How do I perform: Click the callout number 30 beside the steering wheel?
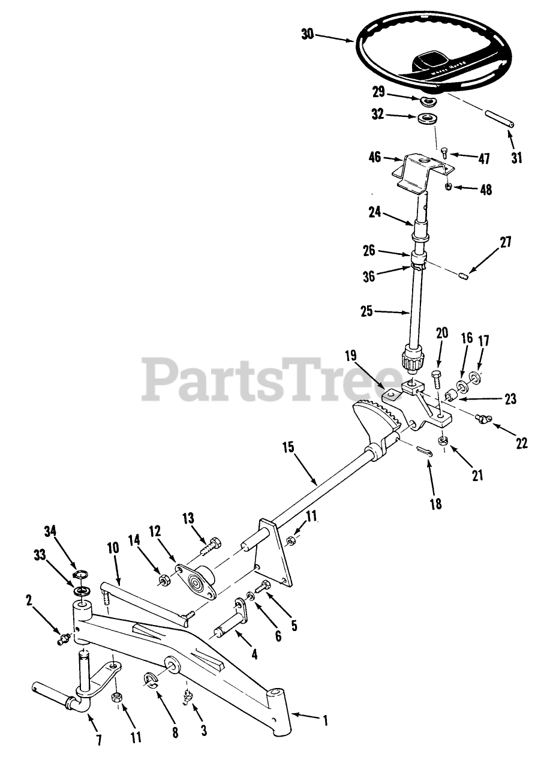point(307,34)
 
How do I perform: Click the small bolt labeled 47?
point(445,152)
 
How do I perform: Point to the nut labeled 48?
point(449,187)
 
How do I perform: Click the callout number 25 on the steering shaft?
point(366,311)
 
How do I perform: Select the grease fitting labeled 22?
point(481,419)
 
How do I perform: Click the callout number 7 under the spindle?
point(99,740)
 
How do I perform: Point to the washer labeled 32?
point(427,118)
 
